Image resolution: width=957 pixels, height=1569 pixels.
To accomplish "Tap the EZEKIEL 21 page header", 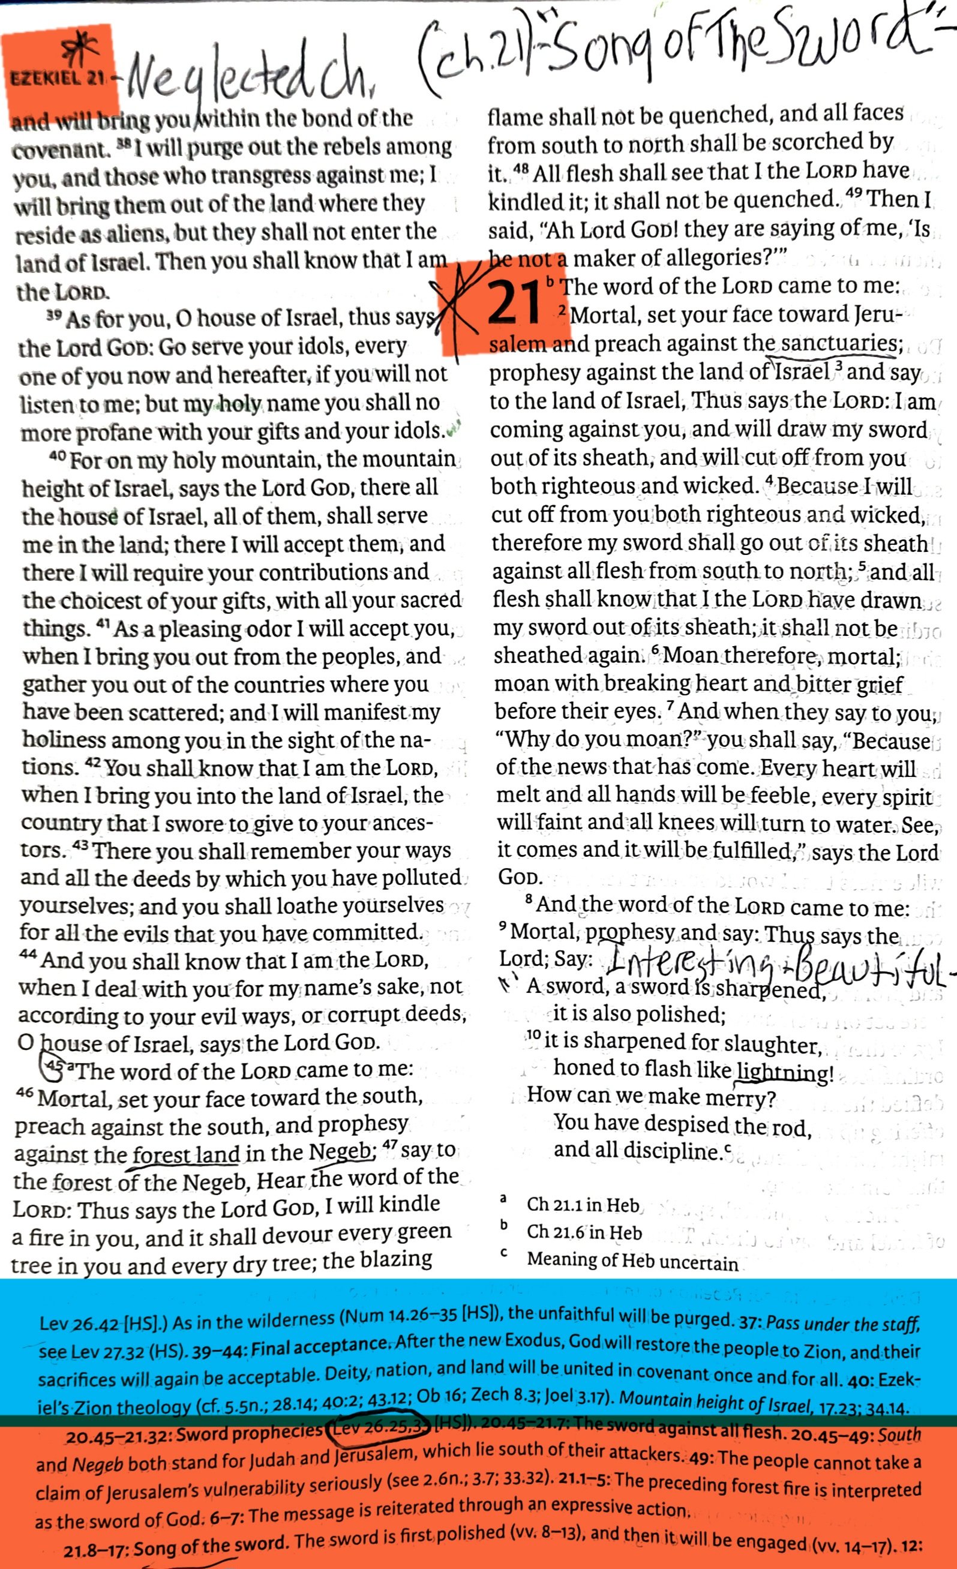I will (56, 79).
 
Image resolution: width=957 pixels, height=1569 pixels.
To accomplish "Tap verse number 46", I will (24, 1094).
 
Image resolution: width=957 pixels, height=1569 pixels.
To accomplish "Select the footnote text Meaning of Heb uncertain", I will (632, 1261).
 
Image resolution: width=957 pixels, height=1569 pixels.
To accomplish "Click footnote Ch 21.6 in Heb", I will (584, 1233).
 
